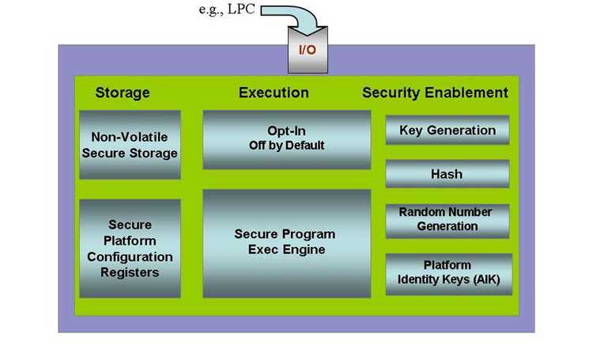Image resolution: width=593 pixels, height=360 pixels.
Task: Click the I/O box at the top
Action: [x=308, y=50]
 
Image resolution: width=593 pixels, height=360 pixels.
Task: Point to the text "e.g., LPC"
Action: [x=227, y=9]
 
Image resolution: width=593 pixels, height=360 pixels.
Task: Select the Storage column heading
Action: [x=123, y=93]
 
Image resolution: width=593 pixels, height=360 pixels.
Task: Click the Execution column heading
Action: [x=274, y=93]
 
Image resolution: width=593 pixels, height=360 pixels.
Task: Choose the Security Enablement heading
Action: [x=435, y=93]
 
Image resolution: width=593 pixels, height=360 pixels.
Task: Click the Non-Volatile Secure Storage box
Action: [x=130, y=145]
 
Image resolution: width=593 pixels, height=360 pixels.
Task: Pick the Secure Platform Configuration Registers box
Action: [x=130, y=248]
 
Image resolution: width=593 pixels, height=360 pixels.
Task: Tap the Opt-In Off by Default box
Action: [x=287, y=139]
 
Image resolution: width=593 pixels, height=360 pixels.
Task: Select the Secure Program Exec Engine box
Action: [x=287, y=244]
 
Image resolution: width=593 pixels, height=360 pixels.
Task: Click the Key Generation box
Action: [x=448, y=130]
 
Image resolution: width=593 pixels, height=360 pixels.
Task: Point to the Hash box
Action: [x=448, y=174]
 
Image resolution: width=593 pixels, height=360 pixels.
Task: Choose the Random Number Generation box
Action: [x=448, y=221]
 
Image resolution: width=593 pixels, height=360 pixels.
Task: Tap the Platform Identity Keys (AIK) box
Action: [x=449, y=274]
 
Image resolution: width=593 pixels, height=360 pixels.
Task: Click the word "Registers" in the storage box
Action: [x=130, y=272]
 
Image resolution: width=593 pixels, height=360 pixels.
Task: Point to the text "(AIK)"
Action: [x=487, y=279]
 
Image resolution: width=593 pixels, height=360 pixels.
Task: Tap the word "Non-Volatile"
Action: [x=130, y=137]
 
